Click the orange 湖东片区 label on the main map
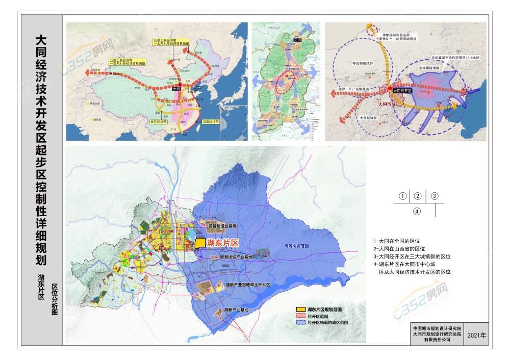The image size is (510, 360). [x=223, y=243]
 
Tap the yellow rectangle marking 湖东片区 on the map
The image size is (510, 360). [x=200, y=243]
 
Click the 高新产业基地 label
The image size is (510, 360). [x=236, y=310]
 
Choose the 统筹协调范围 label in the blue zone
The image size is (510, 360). [x=297, y=246]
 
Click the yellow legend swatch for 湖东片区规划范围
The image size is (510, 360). [x=301, y=310]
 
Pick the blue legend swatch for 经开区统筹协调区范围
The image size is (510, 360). [x=301, y=323]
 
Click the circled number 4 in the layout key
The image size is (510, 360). [x=417, y=211]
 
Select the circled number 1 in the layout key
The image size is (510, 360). [x=403, y=196]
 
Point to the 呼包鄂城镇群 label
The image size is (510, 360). [x=361, y=63]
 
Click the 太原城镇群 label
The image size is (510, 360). [x=367, y=117]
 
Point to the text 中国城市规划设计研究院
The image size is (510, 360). [x=437, y=328]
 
